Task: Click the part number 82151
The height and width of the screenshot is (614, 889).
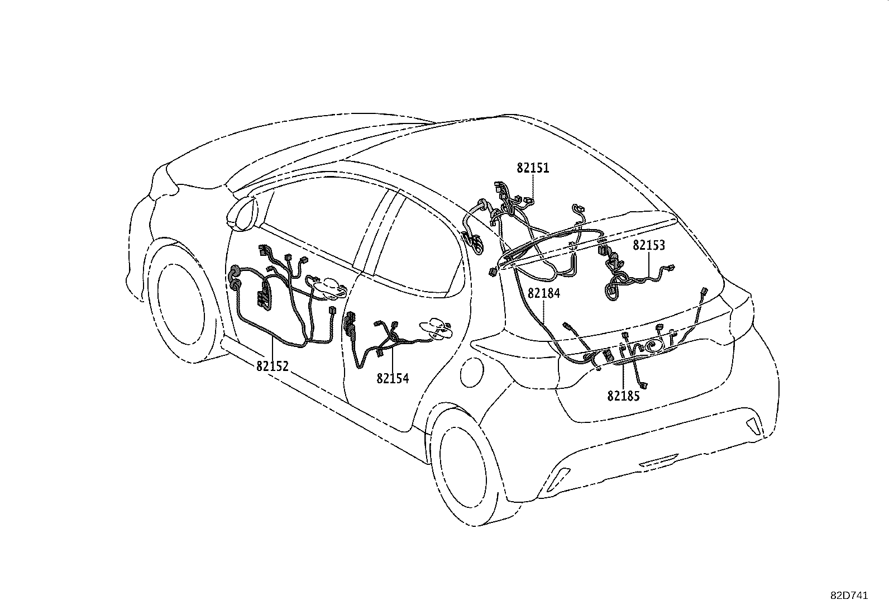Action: (533, 168)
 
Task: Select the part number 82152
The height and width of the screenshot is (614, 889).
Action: (273, 367)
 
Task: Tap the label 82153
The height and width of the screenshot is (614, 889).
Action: (649, 245)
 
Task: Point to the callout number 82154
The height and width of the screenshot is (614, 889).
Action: (393, 379)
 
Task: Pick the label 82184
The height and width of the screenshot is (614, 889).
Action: (544, 293)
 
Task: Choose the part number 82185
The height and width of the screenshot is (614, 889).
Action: (623, 396)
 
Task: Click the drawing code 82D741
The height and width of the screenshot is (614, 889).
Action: (849, 596)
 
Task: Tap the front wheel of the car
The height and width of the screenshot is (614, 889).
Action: (178, 302)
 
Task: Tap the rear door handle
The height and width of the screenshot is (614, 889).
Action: (437, 327)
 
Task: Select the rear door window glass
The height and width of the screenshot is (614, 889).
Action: (416, 246)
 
